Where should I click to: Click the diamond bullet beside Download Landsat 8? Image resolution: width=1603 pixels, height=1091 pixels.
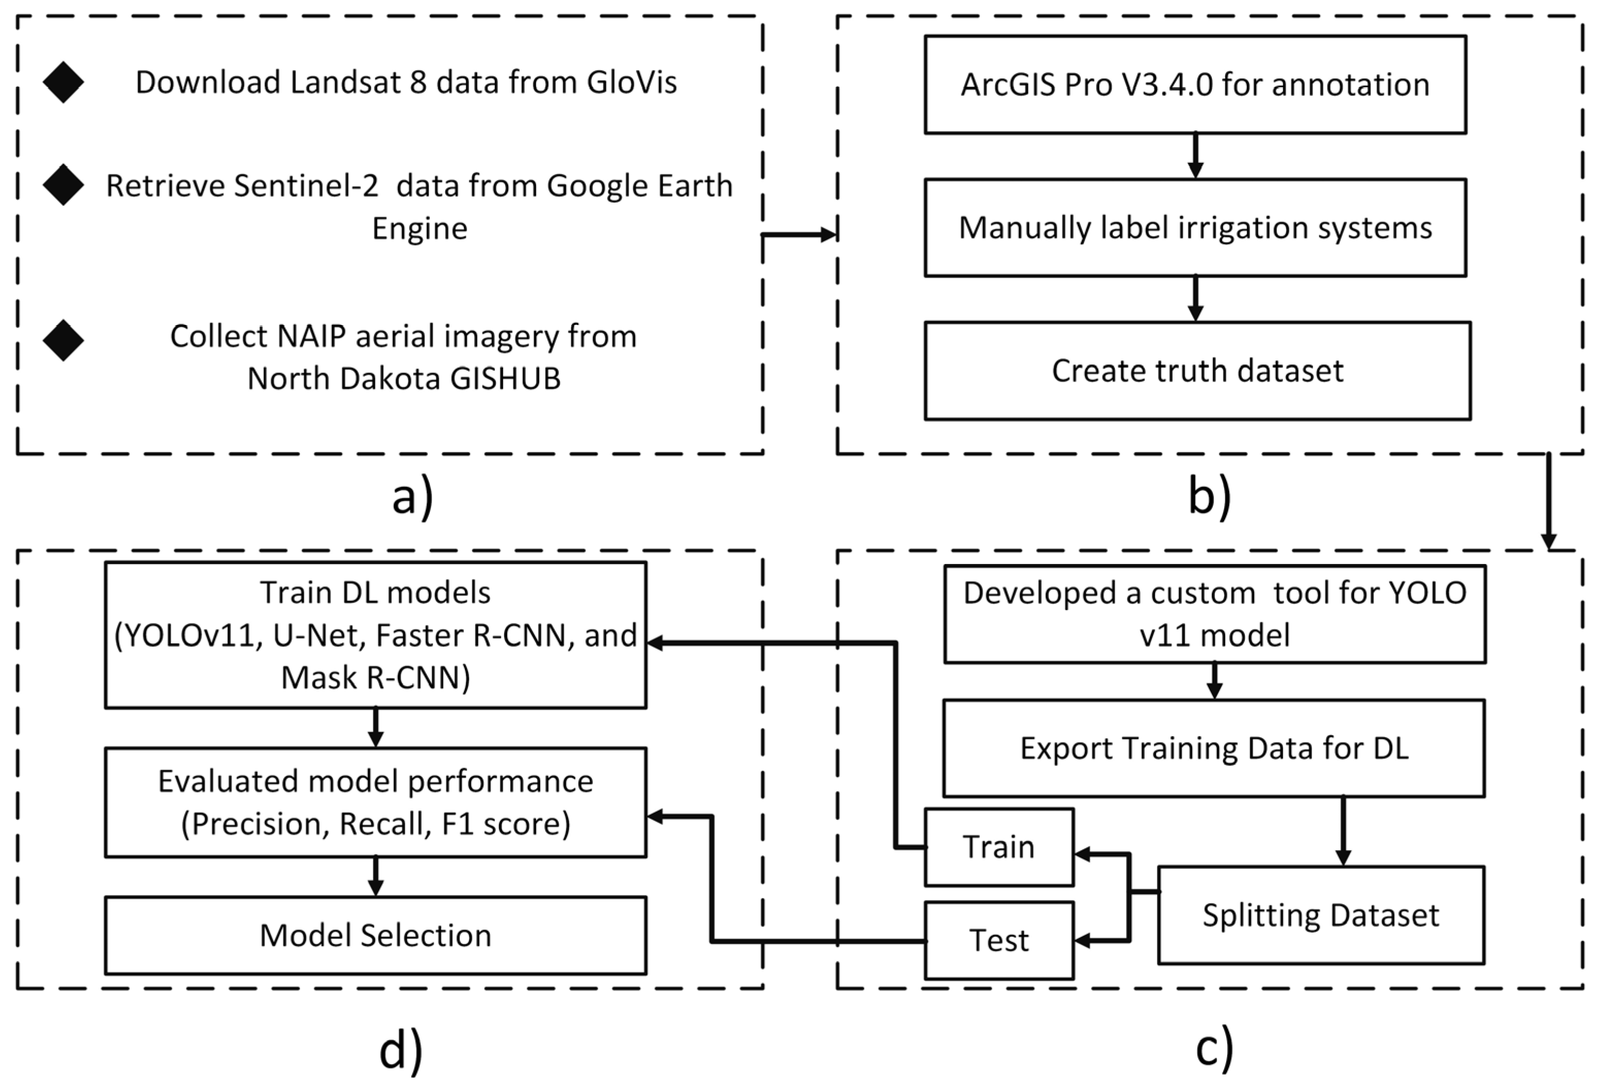coord(63,82)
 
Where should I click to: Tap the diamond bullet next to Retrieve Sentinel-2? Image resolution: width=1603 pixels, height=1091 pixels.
coord(63,185)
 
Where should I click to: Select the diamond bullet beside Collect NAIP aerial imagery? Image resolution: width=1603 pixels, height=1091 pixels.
coord(63,340)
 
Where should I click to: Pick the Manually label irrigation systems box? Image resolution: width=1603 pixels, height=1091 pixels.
coord(1195,228)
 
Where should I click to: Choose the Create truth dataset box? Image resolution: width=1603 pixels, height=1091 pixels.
coord(1197,371)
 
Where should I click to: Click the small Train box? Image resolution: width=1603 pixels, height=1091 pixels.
coord(999,847)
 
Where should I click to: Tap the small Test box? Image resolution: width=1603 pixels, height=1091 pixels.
coord(999,940)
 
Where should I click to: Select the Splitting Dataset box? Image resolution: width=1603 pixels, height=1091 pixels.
coord(1320,915)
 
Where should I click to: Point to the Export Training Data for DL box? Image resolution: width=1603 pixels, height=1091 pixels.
coord(1213,748)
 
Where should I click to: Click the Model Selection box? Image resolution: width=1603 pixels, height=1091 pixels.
coord(375,935)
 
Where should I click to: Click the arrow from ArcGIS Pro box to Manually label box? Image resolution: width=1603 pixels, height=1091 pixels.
coord(1195,156)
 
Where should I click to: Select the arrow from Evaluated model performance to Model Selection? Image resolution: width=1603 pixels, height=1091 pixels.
coord(375,877)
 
